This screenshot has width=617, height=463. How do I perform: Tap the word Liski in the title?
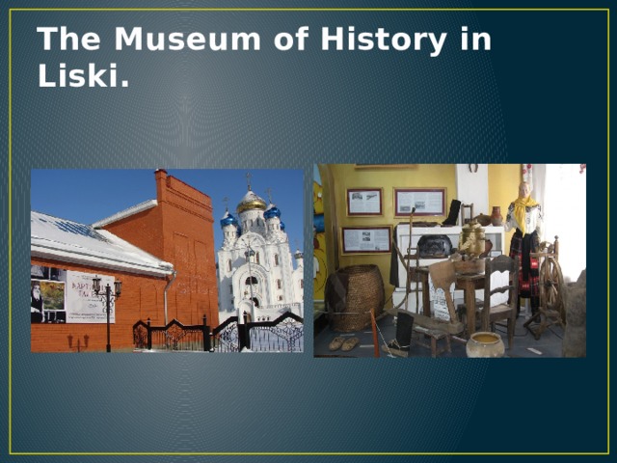click(83, 77)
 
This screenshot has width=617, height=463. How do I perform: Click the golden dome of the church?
click(252, 204)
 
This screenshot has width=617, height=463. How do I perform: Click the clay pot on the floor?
click(485, 344)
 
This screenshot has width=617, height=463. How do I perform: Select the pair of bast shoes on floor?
click(343, 342)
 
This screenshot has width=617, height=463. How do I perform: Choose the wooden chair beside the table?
click(498, 294)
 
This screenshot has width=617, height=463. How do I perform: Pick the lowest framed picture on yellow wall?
click(365, 239)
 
